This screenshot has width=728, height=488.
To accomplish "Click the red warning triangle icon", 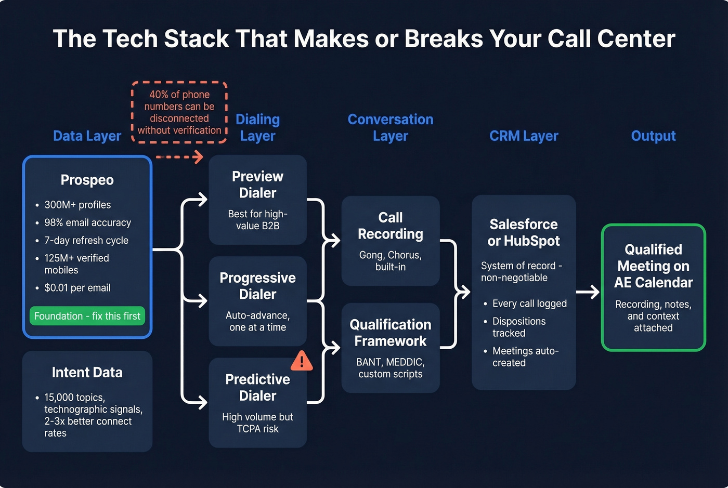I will [x=302, y=361].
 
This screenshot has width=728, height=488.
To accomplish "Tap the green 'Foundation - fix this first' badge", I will [x=87, y=316].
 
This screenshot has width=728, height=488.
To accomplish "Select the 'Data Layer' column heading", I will [x=87, y=136].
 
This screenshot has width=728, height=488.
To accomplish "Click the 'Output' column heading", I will [x=653, y=136].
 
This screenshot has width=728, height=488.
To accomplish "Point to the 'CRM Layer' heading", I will [x=524, y=136].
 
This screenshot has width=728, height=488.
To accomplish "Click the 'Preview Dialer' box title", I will [x=257, y=184].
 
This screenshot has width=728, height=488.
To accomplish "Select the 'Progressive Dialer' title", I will [x=257, y=286].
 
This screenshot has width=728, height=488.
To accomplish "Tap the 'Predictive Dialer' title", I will [x=257, y=387].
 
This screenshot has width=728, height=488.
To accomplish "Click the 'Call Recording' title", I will [x=391, y=226].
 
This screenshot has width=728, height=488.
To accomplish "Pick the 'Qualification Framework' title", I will [x=391, y=333].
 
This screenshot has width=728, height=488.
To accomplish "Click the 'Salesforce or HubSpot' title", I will [x=524, y=232].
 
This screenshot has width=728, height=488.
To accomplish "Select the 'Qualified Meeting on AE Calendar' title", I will [x=653, y=266].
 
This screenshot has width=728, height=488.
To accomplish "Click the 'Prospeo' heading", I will [x=87, y=180].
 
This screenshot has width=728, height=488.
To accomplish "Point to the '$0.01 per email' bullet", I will [x=77, y=288].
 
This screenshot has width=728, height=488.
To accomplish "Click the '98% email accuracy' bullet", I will [x=87, y=222].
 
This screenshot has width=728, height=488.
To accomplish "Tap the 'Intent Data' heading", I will [x=87, y=373].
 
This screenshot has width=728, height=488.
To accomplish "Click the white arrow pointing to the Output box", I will [x=588, y=292].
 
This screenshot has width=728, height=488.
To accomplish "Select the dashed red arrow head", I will [x=198, y=156].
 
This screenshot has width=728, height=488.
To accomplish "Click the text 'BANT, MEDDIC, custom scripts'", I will [x=391, y=368].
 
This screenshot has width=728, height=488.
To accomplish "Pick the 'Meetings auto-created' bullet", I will [x=525, y=357].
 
